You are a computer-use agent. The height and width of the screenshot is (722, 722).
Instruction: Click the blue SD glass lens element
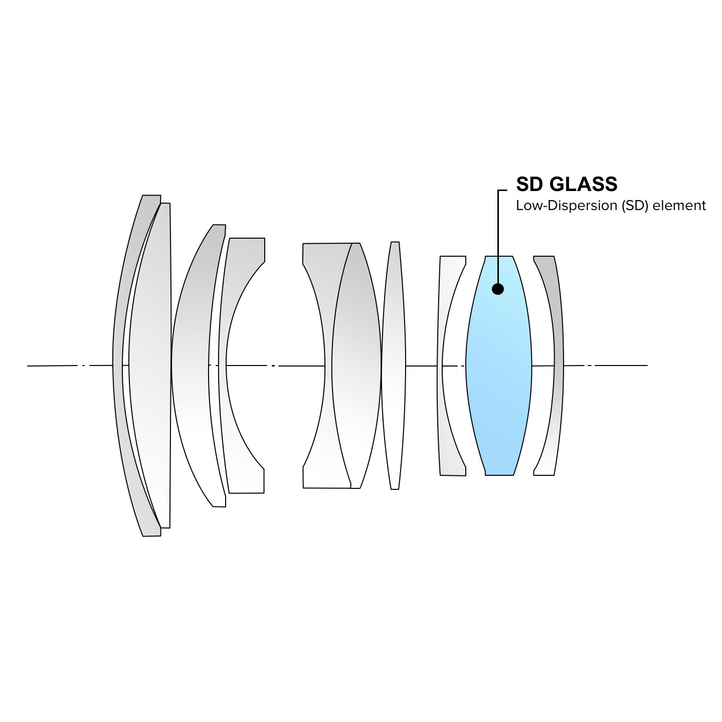(499, 381)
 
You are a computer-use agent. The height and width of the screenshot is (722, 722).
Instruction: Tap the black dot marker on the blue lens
(498, 289)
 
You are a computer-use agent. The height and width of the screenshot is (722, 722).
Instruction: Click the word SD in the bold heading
(529, 184)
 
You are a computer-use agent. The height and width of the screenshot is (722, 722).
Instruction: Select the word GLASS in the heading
(584, 184)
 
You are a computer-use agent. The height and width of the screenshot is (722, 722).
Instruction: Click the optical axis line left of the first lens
(55, 366)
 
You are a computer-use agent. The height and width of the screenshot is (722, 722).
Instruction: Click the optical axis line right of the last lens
(622, 366)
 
